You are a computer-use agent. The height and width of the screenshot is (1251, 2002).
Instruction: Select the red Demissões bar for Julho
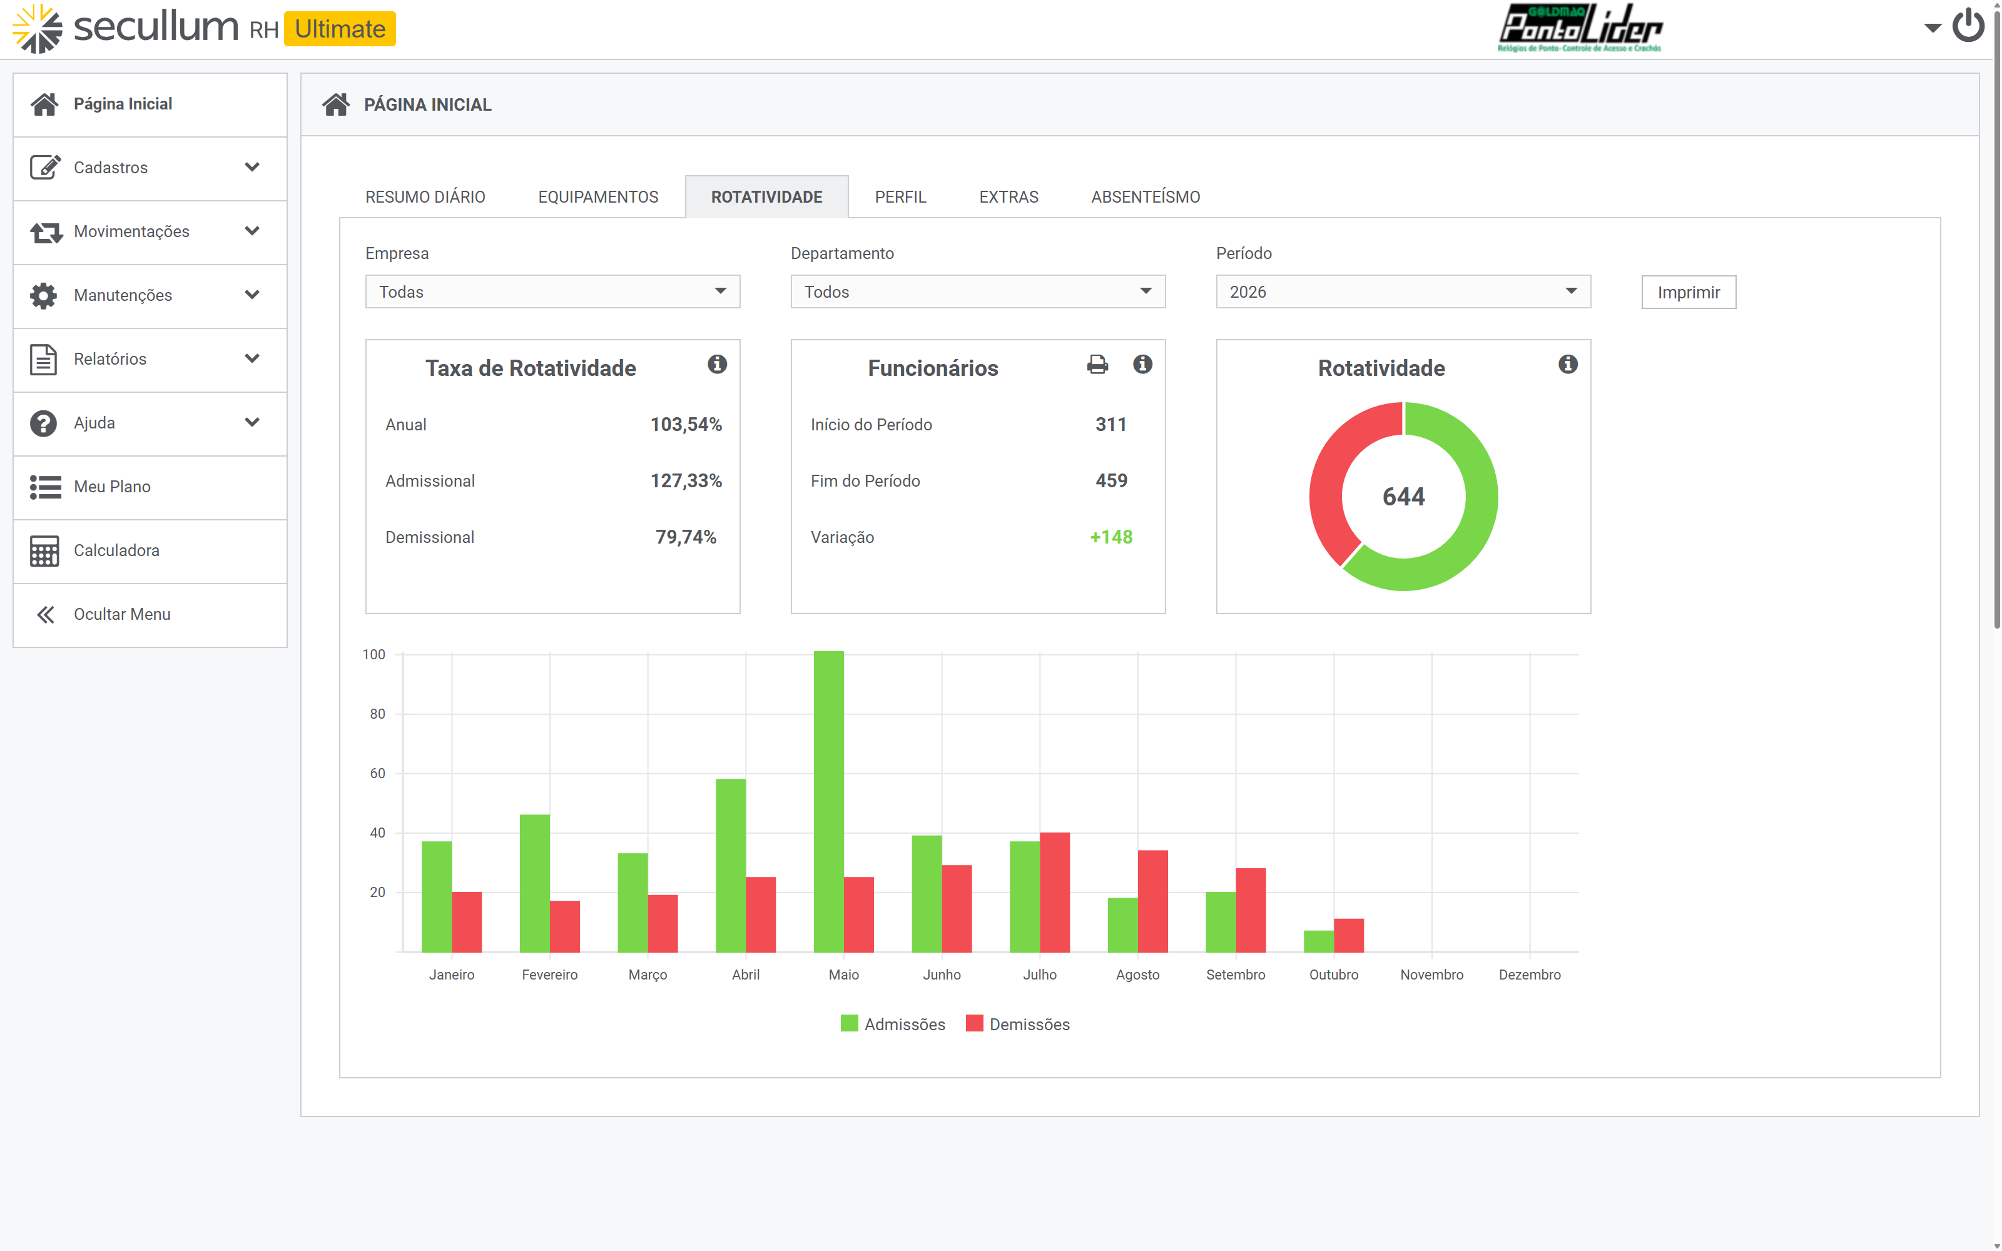coord(1055,892)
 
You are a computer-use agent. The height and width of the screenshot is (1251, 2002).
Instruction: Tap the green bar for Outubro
coord(1319,941)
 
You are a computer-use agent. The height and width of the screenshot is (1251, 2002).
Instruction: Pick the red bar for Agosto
coord(1152,901)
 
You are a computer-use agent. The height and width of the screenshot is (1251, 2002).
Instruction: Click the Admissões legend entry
coord(893,1025)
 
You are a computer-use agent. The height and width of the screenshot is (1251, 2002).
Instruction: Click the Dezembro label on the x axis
coord(1530,975)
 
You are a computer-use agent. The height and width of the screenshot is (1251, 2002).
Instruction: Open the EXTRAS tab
coord(1009,197)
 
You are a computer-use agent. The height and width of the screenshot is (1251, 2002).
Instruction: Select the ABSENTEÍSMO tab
coord(1145,197)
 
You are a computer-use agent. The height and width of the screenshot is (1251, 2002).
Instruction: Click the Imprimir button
coord(1689,292)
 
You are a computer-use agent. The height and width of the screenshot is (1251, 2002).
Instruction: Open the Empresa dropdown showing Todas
coord(552,292)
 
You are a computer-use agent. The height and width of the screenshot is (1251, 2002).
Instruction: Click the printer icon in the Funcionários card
coord(1097,364)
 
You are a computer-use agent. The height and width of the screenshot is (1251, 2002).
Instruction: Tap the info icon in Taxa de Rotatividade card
coord(717,364)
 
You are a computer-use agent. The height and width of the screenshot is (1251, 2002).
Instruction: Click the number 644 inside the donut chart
coord(1404,497)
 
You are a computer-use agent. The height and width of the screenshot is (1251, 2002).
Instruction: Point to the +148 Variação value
coord(1111,537)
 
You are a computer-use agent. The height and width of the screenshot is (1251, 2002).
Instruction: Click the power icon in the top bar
coord(1968,26)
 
